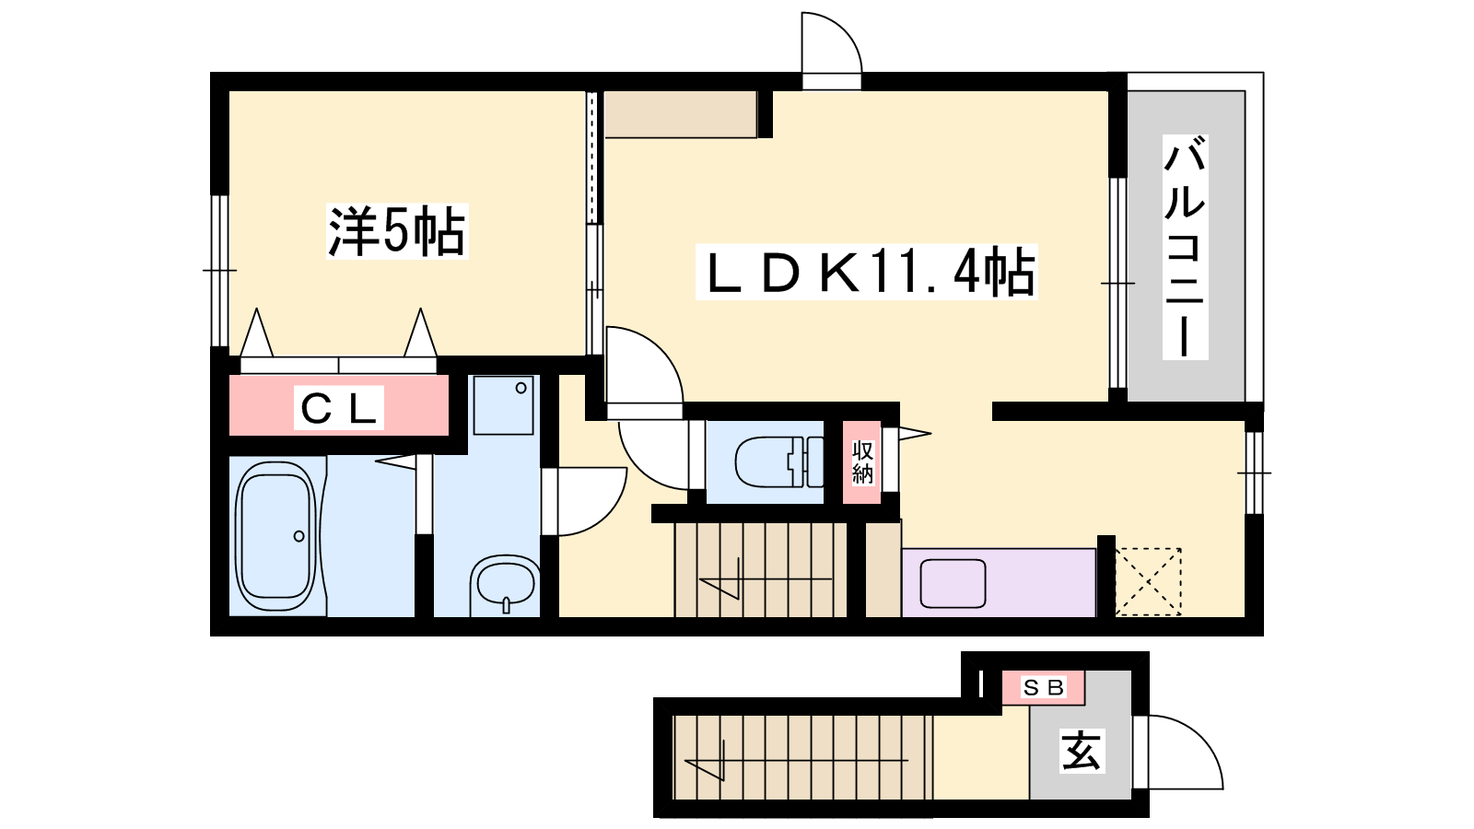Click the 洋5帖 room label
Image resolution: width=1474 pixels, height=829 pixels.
397,231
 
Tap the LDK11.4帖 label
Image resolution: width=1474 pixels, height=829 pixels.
867,272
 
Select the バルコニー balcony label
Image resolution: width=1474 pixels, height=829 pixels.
1185,247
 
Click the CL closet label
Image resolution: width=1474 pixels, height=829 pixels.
338,408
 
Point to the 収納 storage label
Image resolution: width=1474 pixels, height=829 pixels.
862,462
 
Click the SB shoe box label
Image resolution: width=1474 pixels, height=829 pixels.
1043,687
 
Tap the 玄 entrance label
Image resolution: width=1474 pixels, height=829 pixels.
1082,751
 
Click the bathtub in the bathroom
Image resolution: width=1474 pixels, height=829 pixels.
276,537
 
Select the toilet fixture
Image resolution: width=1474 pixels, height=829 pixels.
778,461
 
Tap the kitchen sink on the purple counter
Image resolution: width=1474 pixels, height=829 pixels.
953,583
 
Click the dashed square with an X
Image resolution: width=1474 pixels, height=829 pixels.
1148,581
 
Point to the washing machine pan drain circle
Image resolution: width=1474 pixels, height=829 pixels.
521,388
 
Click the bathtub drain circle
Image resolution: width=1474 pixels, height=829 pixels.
299,536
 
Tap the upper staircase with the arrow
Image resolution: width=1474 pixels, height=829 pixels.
760,570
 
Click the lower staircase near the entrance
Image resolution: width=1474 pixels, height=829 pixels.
802,757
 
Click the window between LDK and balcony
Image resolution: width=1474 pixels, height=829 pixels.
1118,283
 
